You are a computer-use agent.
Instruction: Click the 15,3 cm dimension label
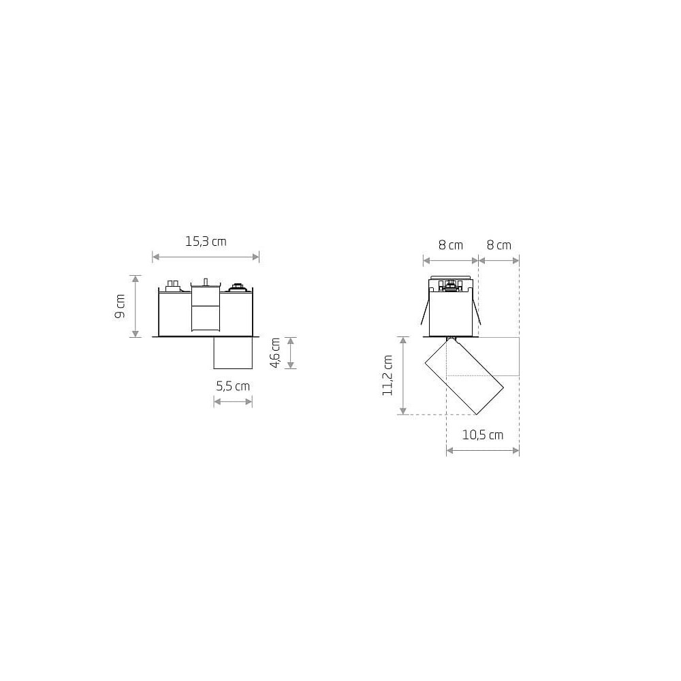point(206,242)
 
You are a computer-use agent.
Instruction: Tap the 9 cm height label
point(120,306)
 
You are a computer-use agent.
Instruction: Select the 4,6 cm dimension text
point(275,353)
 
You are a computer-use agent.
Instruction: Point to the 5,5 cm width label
point(233,386)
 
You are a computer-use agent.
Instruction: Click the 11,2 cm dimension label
point(387,375)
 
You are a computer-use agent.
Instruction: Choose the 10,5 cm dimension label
point(483,434)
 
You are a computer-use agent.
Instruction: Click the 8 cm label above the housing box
point(451,245)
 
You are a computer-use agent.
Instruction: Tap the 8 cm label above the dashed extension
point(499,245)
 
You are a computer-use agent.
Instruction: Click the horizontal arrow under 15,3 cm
point(206,257)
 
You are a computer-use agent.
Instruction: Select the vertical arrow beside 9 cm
point(136,306)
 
